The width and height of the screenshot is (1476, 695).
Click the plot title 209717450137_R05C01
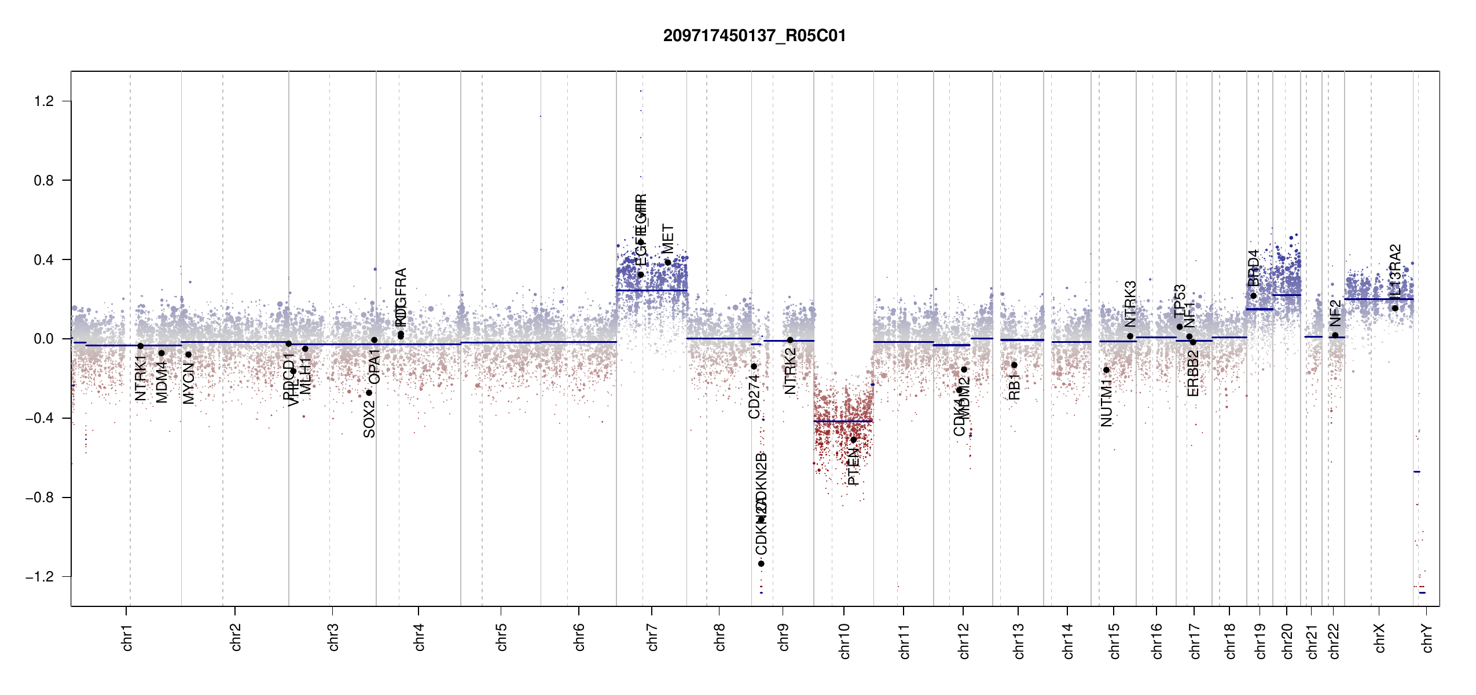click(x=754, y=36)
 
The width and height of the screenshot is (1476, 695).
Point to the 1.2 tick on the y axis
click(x=43, y=101)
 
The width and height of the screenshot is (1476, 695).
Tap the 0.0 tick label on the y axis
click(x=43, y=339)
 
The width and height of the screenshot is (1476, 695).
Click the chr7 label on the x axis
click(x=652, y=637)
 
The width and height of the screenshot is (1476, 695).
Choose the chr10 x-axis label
click(x=845, y=641)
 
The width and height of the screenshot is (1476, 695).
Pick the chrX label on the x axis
click(x=1379, y=638)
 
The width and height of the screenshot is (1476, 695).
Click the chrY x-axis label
click(x=1427, y=638)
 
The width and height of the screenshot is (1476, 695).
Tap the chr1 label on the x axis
click(x=127, y=637)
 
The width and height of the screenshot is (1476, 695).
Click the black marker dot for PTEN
click(x=853, y=440)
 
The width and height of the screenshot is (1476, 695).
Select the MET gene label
click(x=668, y=239)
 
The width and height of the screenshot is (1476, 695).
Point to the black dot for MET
click(x=667, y=262)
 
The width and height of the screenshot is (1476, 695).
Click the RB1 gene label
click(x=1014, y=386)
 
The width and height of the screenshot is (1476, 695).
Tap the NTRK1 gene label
click(x=141, y=378)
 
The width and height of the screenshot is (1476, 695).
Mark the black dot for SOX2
click(x=369, y=393)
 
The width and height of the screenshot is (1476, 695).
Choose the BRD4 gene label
click(x=1253, y=268)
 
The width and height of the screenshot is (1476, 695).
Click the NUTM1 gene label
click(x=1107, y=403)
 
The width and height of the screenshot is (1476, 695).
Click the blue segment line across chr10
click(x=843, y=421)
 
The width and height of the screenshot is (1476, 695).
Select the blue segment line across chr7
click(x=652, y=290)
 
